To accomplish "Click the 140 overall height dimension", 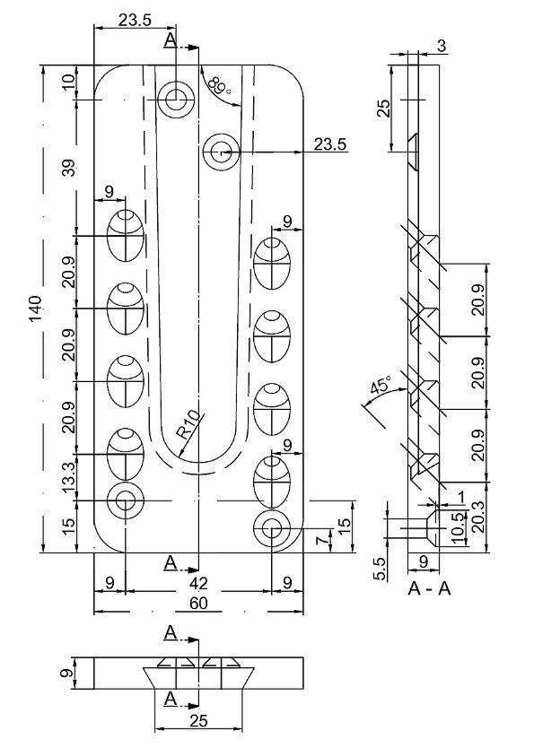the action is (36, 309).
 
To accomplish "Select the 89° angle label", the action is (220, 85).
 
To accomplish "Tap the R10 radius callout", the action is (187, 425).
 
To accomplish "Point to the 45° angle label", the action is (381, 385).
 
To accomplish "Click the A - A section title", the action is (429, 588).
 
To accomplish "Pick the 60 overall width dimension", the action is (198, 604).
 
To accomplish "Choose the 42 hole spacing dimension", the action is (198, 583).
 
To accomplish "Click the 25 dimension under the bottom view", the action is (198, 720).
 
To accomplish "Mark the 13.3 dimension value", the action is (69, 477).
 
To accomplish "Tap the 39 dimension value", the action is (70, 168).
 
